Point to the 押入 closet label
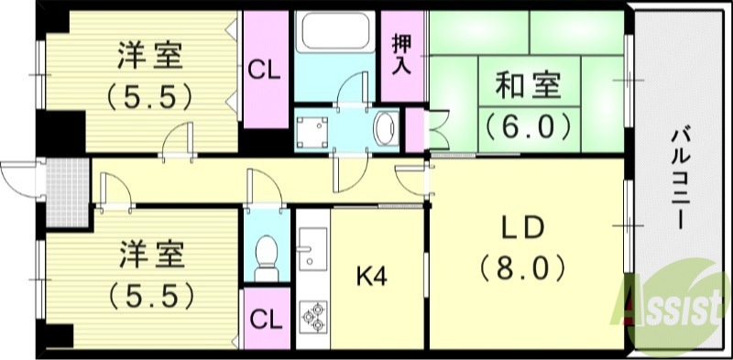coord(400,53)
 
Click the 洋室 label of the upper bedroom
coord(149,58)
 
